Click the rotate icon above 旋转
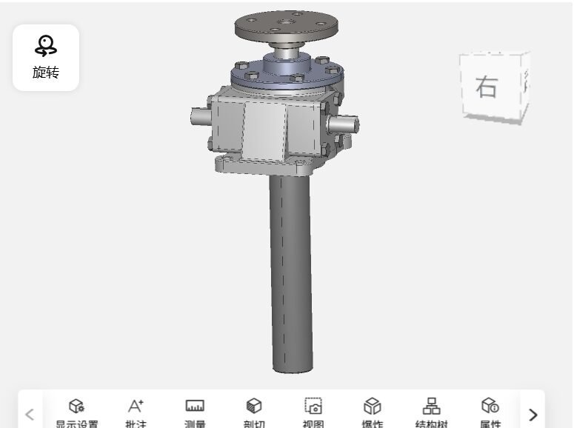[46, 46]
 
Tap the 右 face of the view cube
[487, 87]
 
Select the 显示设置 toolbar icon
[76, 406]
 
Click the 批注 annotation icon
[135, 406]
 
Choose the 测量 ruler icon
[195, 406]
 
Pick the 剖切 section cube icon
[254, 406]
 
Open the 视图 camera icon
[313, 406]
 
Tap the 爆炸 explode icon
[372, 406]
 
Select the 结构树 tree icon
[431, 406]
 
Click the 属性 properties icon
[490, 406]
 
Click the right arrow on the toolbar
[533, 415]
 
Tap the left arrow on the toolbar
[30, 415]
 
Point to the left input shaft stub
[199, 116]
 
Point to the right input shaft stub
[345, 123]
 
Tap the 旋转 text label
[46, 73]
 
